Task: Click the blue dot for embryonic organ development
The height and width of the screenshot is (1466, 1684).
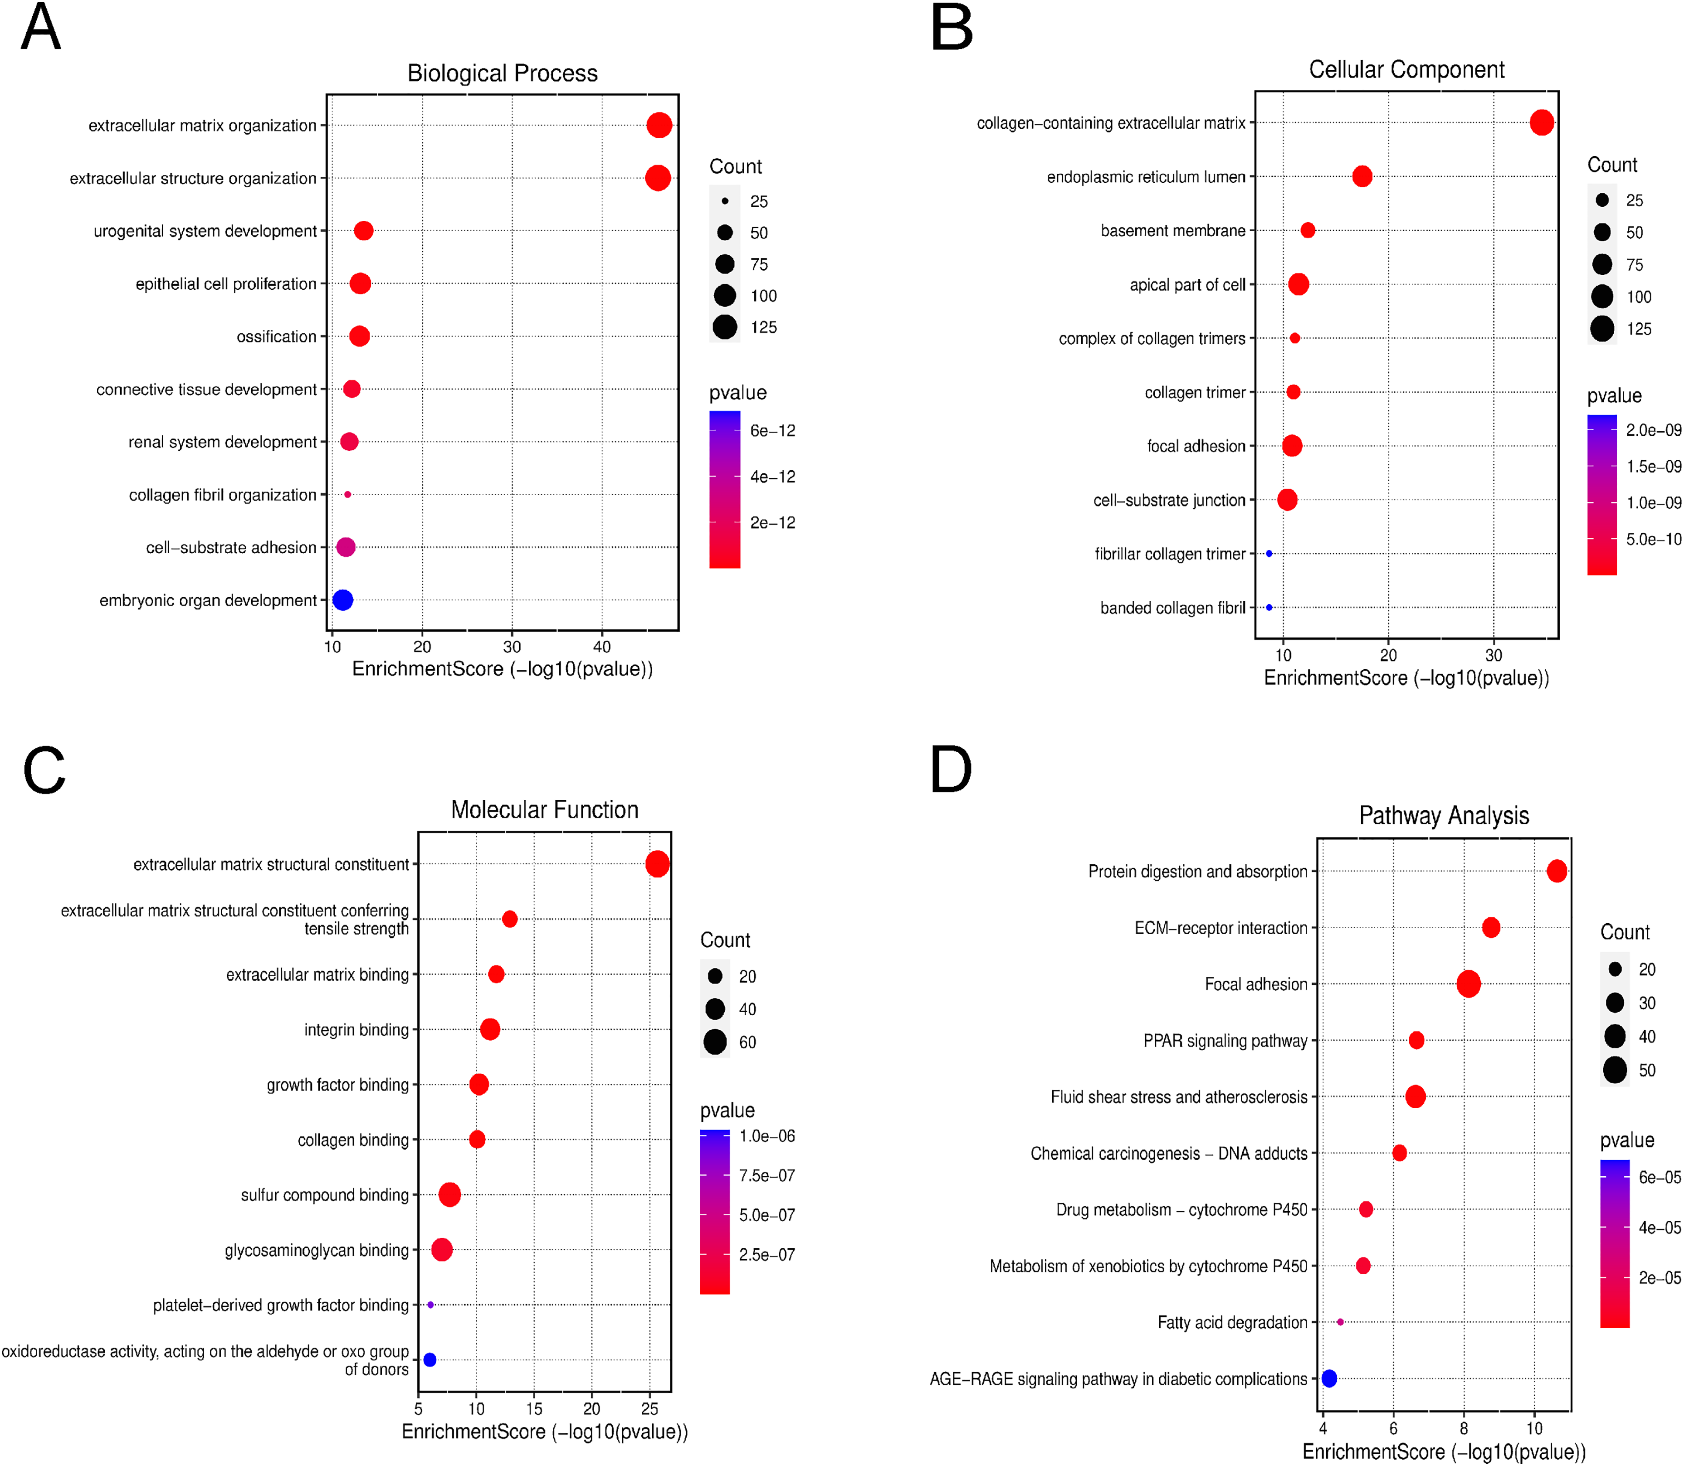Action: click(342, 599)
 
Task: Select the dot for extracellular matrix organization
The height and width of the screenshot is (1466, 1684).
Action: click(659, 125)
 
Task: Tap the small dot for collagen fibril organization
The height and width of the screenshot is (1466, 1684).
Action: click(348, 494)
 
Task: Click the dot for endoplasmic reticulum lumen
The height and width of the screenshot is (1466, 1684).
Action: click(1362, 176)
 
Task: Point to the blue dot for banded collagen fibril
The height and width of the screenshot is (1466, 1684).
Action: click(1269, 607)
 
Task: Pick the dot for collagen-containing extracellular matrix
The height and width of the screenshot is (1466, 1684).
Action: click(1542, 123)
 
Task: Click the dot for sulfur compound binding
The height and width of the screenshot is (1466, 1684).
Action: click(449, 1195)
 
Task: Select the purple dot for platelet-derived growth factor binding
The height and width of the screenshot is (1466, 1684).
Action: click(430, 1305)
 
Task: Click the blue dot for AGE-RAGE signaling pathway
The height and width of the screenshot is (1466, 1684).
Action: click(1329, 1378)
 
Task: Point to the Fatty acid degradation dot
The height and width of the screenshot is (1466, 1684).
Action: click(1340, 1322)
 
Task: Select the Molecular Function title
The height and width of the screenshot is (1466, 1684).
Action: click(545, 810)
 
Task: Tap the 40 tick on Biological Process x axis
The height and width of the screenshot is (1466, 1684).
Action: click(602, 646)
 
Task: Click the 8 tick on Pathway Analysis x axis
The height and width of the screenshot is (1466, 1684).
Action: click(1464, 1428)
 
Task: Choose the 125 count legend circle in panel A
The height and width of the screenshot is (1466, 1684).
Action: click(725, 327)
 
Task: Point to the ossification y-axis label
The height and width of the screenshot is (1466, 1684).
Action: click(277, 336)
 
